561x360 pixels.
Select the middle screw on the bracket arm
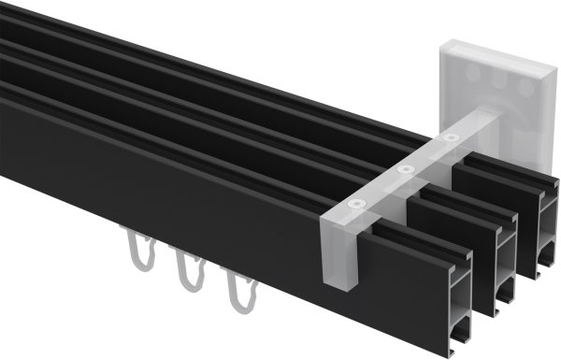tap(405, 169)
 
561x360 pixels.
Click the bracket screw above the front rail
tap(354, 204)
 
